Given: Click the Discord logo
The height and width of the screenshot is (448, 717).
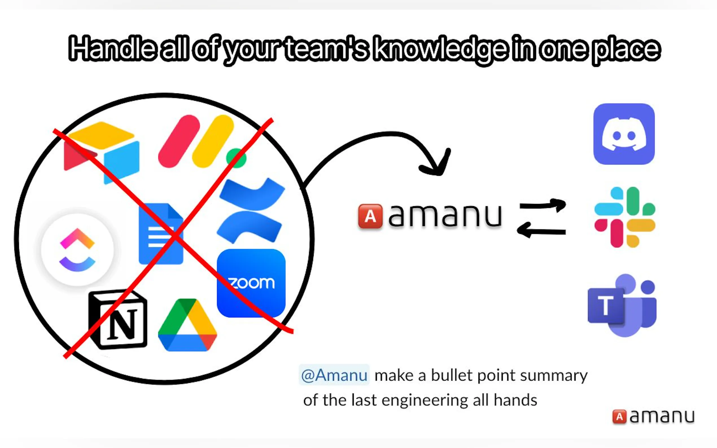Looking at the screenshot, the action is (624, 134).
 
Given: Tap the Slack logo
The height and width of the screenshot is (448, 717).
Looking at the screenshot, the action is (625, 217).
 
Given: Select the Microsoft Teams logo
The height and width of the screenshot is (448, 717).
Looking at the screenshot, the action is (622, 305).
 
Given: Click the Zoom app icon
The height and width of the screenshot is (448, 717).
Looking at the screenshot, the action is (251, 283).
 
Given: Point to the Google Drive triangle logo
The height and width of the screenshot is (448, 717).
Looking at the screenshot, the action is (188, 325).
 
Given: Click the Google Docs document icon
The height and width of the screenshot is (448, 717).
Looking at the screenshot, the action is (161, 234).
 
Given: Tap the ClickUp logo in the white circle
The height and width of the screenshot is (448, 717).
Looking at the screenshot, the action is (77, 250).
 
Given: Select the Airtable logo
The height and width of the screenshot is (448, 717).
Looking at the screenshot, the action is (102, 152).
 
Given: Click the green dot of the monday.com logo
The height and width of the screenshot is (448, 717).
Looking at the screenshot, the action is (236, 158).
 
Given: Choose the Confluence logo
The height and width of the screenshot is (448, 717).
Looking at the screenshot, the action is (251, 211).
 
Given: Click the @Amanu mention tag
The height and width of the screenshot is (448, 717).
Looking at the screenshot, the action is (334, 375).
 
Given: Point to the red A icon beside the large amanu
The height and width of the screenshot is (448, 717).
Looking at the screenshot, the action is (370, 216).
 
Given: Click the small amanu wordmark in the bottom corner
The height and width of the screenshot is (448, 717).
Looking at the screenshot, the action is (653, 416).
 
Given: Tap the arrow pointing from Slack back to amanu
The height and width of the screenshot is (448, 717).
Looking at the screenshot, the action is (541, 231).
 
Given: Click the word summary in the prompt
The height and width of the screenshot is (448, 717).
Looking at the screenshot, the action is (554, 376).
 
